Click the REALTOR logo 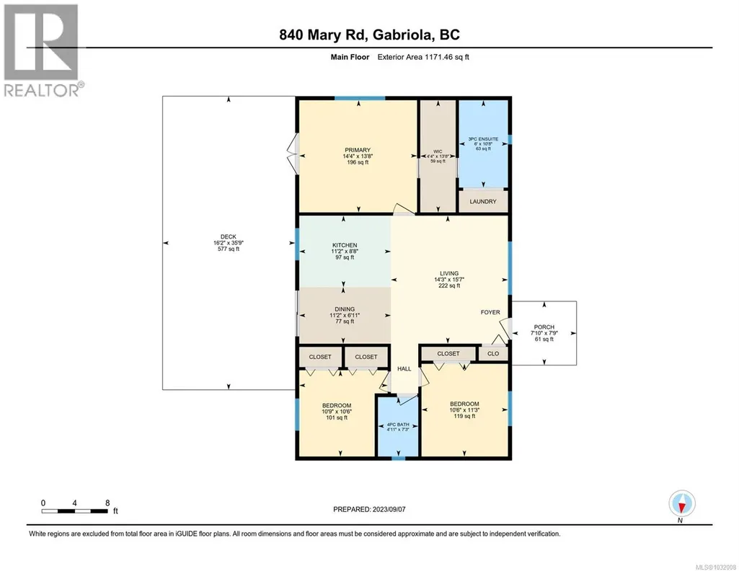tap(42, 50)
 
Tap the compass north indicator tap(681, 504)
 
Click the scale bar tap(74, 510)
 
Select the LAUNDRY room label tap(483, 202)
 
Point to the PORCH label tap(544, 327)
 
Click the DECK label tap(228, 237)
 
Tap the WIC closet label tap(438, 151)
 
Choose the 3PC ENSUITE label tap(483, 139)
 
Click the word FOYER tap(490, 312)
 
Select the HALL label tap(404, 369)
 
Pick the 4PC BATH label tap(398, 425)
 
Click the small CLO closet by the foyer tap(493, 353)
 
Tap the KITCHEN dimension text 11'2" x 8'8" tap(345, 252)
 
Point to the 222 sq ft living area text tap(449, 285)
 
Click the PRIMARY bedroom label tap(358, 150)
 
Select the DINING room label tap(345, 309)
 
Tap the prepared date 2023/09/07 tap(389, 509)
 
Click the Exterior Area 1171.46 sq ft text tap(423, 57)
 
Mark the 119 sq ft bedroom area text tap(464, 416)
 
